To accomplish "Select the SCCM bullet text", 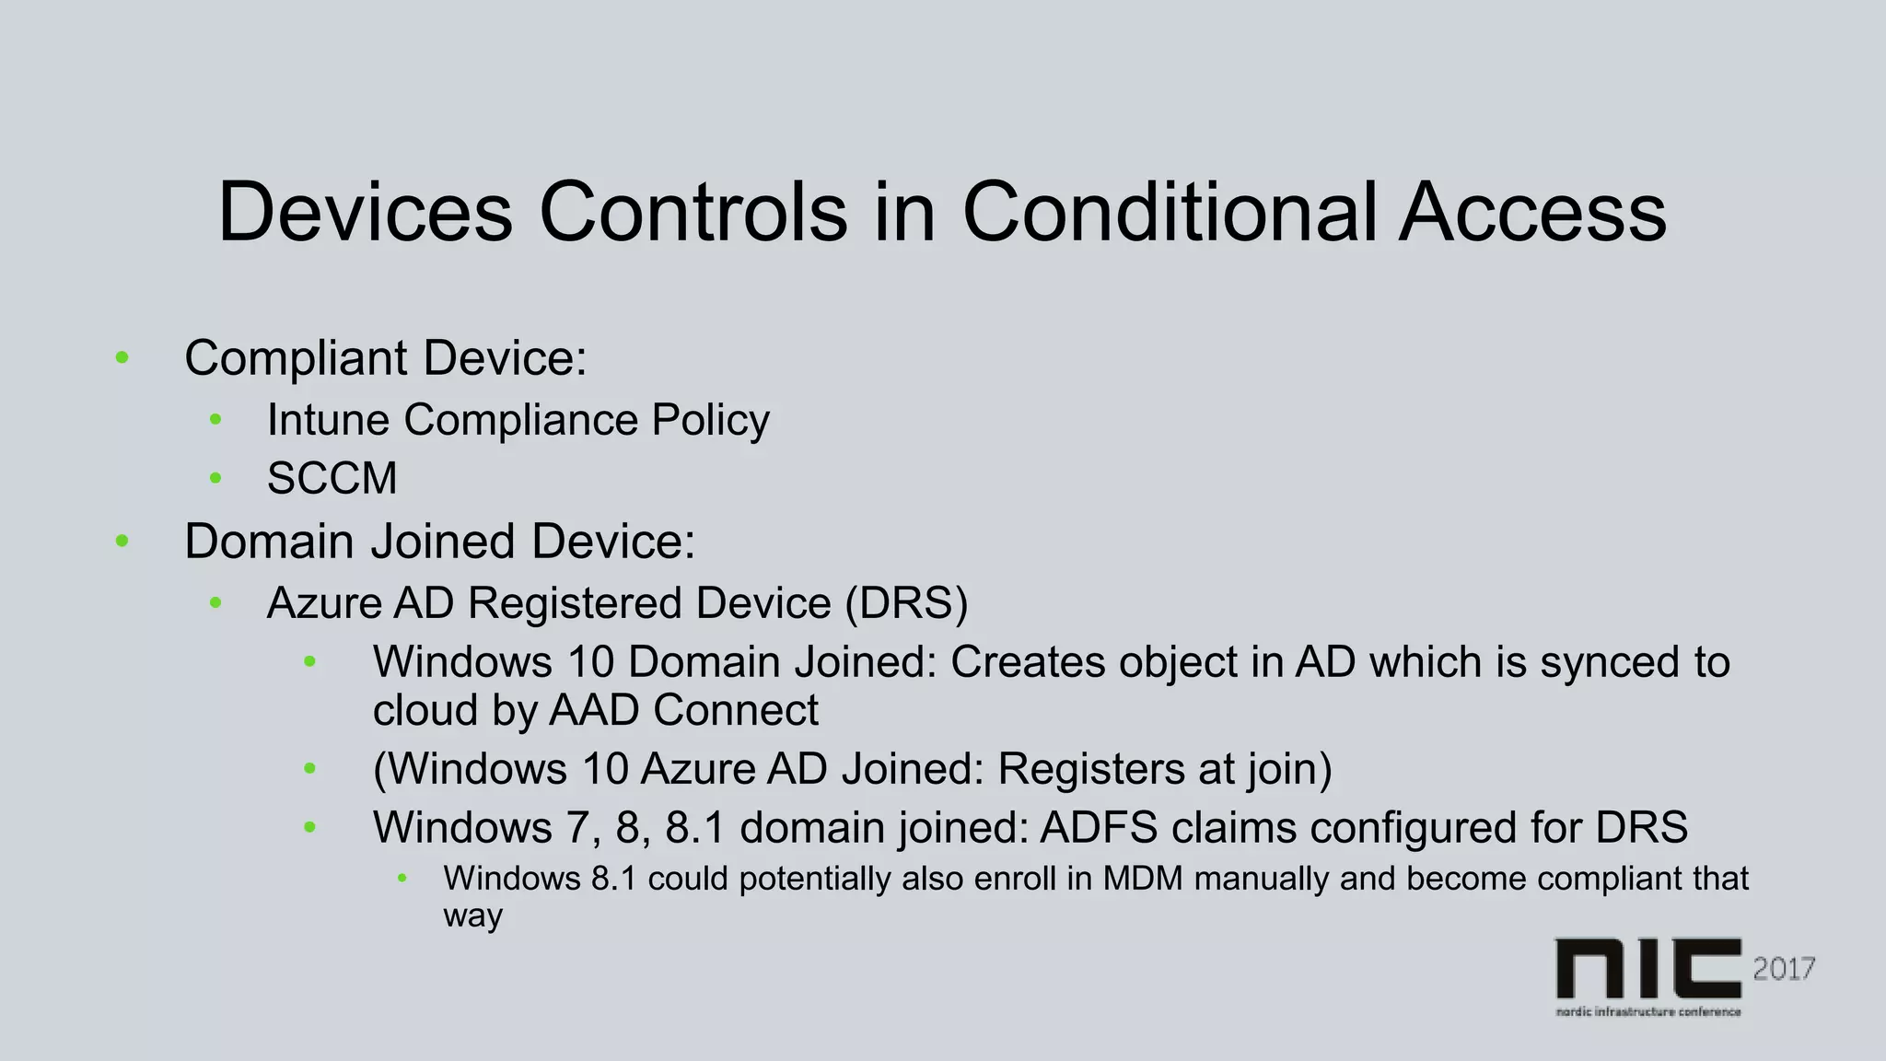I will tap(332, 479).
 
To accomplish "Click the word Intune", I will tap(328, 420).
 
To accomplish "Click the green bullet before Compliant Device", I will tap(122, 357).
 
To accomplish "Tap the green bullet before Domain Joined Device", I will tap(122, 541).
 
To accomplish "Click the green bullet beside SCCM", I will tap(215, 478).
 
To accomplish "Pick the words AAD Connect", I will tap(683, 710).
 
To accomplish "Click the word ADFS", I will tap(1099, 827).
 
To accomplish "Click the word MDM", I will tap(1142, 879).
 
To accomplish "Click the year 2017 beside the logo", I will tap(1783, 969).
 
